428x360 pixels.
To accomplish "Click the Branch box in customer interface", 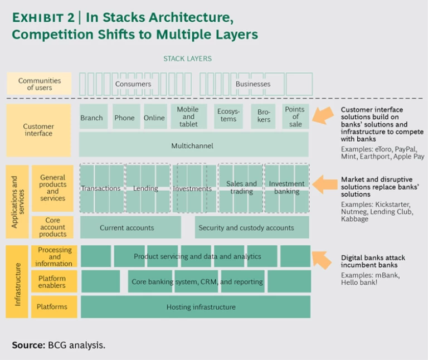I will point(91,117).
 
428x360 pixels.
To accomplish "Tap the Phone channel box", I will point(125,117).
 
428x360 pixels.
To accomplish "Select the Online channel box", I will point(154,117).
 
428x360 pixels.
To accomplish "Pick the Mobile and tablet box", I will point(188,116).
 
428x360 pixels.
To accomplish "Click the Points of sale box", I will point(295,116).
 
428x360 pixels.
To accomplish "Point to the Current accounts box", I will point(130,227).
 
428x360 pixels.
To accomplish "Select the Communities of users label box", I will point(39,84).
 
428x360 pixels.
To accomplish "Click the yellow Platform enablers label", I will point(52,282).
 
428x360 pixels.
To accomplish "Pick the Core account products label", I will point(52,227).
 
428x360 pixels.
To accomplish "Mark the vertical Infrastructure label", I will point(17,281).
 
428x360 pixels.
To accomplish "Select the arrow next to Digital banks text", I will point(322,258).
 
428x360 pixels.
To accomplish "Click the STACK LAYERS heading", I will point(187,59).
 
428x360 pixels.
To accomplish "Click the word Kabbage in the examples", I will point(354,219).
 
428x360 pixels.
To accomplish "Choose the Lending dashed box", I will point(147,188).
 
